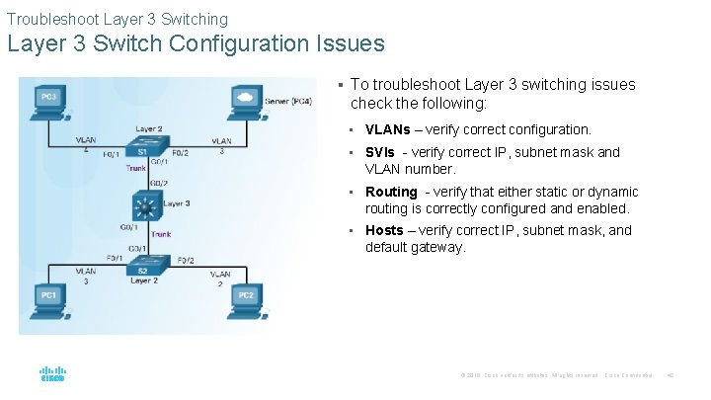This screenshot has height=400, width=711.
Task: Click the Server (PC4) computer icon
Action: [244, 100]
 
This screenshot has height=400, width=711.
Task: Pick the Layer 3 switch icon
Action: [145, 208]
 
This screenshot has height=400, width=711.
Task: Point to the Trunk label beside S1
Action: [136, 168]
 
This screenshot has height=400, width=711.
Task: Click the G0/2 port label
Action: [158, 183]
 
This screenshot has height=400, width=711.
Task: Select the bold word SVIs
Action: [380, 152]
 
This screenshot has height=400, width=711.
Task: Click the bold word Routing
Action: [391, 192]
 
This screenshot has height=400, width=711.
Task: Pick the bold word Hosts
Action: [384, 230]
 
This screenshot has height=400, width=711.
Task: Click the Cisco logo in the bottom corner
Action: [52, 374]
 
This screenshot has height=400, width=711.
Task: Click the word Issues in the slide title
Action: [350, 44]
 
